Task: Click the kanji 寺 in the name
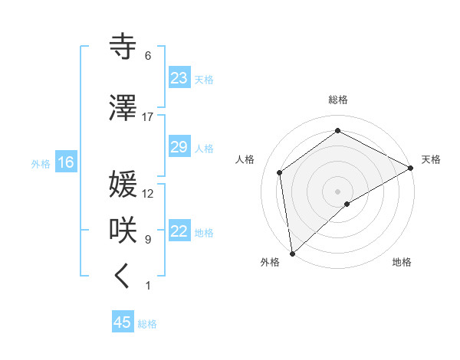click(123, 47)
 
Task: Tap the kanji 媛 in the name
click(123, 185)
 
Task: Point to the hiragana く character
click(123, 277)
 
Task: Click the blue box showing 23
click(179, 78)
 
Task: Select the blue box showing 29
click(179, 147)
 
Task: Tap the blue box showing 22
click(179, 232)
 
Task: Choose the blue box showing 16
click(65, 162)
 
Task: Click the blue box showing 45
click(123, 322)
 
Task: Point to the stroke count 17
click(148, 117)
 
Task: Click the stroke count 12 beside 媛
click(148, 194)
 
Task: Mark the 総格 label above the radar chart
click(338, 100)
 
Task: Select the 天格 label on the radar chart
click(431, 159)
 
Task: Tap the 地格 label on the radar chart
click(402, 262)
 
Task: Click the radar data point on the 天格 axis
click(411, 168)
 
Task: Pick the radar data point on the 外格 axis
click(292, 254)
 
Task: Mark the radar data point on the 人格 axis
click(280, 172)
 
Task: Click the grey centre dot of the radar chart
click(338, 191)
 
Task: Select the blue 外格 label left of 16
click(41, 163)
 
